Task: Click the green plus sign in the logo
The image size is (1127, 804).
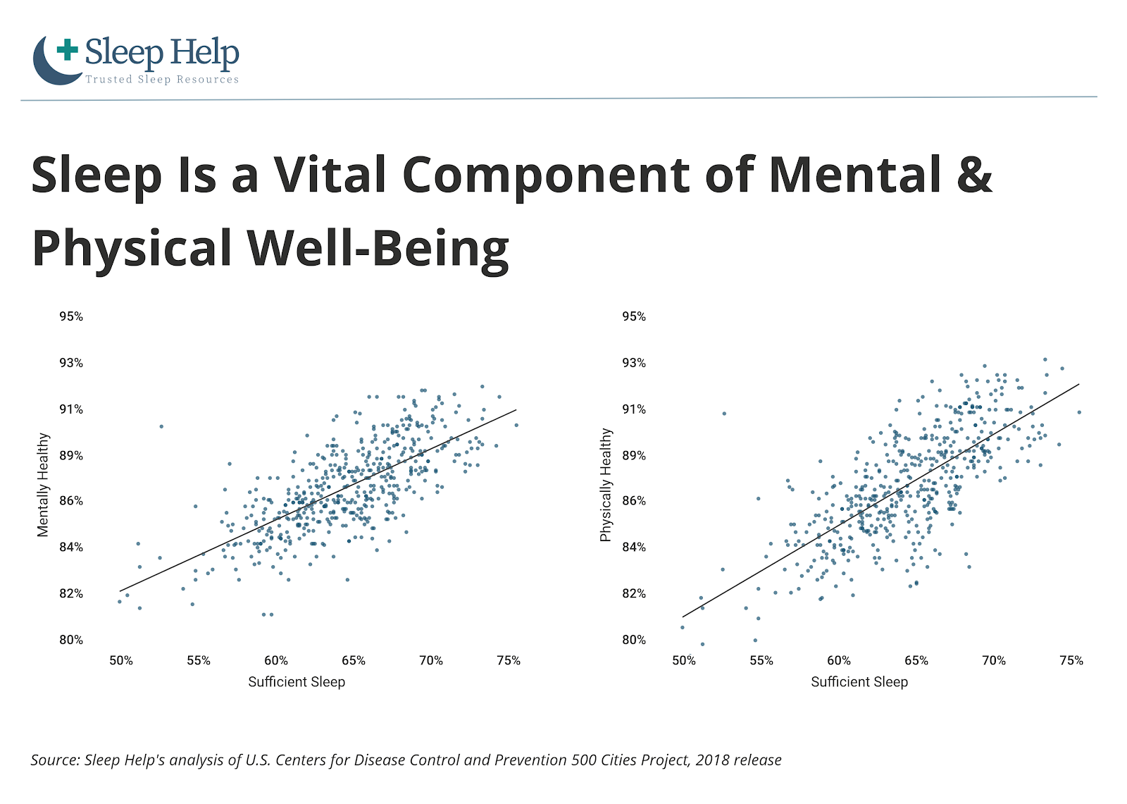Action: pos(68,49)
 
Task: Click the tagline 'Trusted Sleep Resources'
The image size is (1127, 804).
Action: pos(162,80)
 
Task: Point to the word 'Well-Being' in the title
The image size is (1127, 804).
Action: pos(378,249)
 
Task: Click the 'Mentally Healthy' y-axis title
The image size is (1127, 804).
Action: pos(43,485)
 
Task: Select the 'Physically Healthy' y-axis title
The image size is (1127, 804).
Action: pos(606,485)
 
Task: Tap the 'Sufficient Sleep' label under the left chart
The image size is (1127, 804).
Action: pos(297,681)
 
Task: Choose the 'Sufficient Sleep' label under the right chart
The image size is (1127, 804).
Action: pos(859,681)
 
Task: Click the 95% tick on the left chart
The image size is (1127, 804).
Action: pos(71,316)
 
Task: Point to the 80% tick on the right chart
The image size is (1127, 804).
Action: pos(634,640)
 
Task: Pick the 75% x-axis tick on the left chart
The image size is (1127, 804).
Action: pos(509,660)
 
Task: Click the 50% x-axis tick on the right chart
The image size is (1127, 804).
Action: pos(684,660)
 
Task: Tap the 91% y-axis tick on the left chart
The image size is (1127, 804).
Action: pos(71,409)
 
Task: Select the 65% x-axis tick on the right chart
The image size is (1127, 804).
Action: pos(916,660)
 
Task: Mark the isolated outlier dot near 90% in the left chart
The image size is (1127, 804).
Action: pos(161,426)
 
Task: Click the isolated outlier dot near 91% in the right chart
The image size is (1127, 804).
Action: pos(725,414)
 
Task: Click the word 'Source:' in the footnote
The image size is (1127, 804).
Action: pos(56,760)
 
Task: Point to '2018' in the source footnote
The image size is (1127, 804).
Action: pos(712,760)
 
